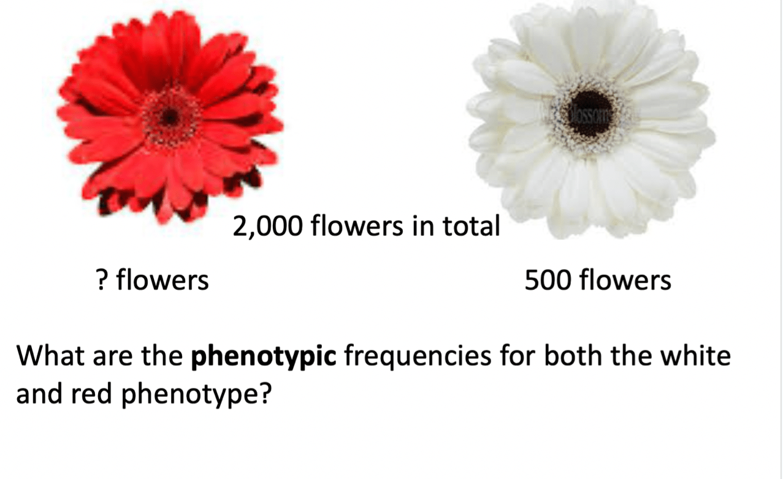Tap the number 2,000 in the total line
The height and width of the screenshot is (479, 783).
point(267,226)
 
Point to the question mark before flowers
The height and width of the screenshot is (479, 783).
point(101,280)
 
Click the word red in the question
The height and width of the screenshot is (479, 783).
point(91,393)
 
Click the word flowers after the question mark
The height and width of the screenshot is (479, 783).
point(162,280)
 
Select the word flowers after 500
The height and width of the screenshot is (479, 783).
point(625,280)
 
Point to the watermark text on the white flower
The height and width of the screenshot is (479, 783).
point(590,115)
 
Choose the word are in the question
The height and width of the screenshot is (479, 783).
point(113,358)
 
